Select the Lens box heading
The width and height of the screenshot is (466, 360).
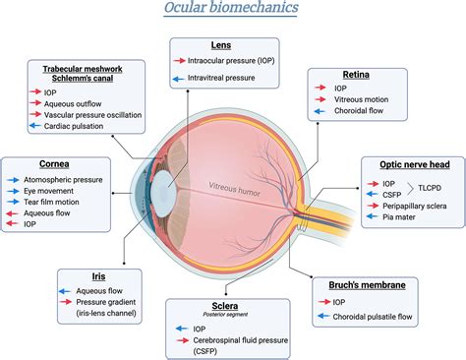coord(221,46)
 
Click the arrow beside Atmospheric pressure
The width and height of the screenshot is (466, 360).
coord(16,179)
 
